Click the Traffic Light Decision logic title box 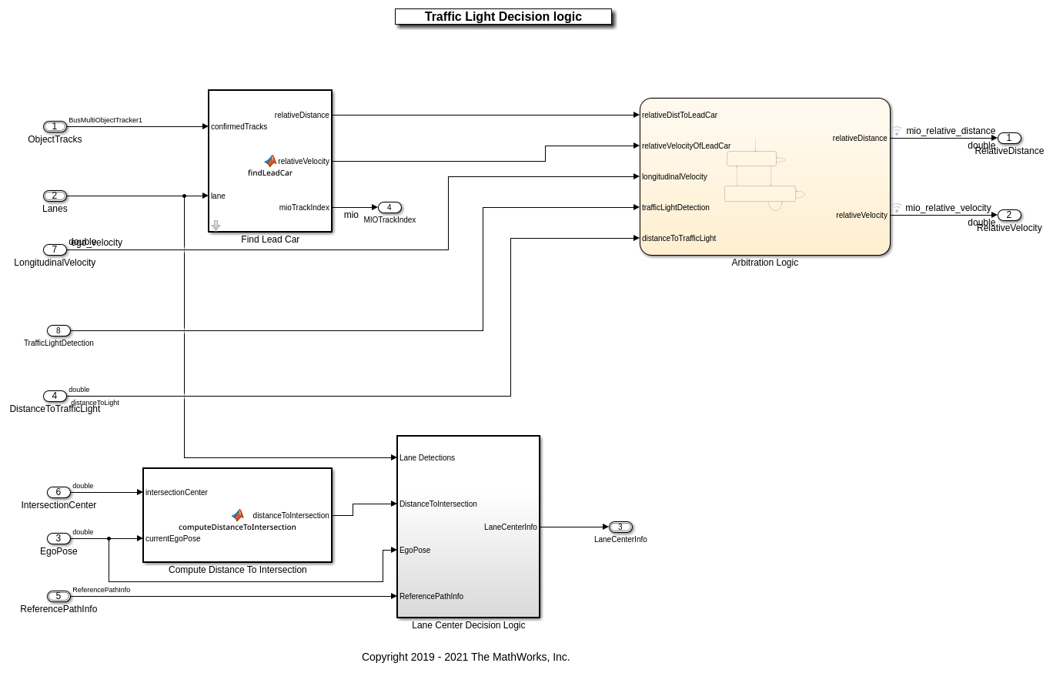point(503,17)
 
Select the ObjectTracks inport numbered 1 point(55,127)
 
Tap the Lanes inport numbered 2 point(55,196)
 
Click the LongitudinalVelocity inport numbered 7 point(55,250)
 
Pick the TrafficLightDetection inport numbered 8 point(58,331)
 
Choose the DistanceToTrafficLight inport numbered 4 point(55,397)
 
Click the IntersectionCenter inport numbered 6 point(58,493)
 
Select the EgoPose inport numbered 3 point(58,539)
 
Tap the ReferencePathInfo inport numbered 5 point(58,597)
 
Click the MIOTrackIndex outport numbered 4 point(389,208)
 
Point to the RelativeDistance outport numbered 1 point(1009,139)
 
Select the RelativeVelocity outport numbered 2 point(1009,216)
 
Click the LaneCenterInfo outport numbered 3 point(620,527)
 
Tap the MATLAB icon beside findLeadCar point(270,161)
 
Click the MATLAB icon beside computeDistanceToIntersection point(238,515)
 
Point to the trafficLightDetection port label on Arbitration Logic point(676,208)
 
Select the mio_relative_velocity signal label point(948,208)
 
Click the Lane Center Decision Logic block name point(468,625)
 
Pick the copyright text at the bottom point(466,657)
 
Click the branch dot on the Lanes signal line point(185,196)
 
